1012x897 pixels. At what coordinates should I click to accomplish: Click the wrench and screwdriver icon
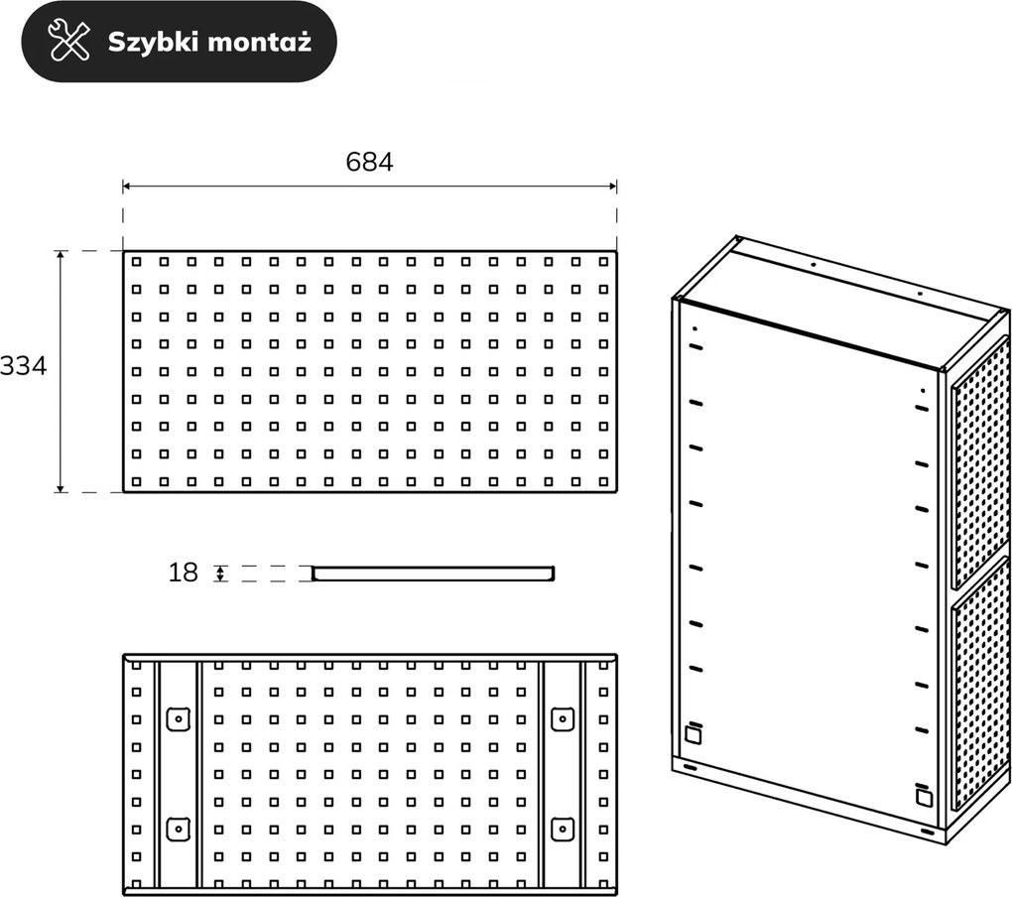[x=69, y=41]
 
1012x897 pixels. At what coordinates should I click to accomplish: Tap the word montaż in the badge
[x=260, y=42]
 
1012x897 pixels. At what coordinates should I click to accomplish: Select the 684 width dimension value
[x=369, y=162]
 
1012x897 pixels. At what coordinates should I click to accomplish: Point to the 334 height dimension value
[x=23, y=366]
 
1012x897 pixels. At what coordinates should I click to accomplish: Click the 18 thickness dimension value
[x=183, y=573]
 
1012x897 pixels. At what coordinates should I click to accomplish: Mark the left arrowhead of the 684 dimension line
[x=127, y=187]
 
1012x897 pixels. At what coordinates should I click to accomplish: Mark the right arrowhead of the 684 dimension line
[x=612, y=187]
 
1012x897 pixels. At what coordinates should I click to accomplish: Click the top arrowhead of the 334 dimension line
[x=61, y=256]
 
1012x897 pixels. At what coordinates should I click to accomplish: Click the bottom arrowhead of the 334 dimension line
[x=61, y=487]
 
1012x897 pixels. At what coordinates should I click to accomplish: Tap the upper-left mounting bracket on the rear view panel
[x=179, y=718]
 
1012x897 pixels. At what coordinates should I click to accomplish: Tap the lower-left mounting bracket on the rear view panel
[x=179, y=830]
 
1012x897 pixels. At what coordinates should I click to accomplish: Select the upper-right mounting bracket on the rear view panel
[x=563, y=718]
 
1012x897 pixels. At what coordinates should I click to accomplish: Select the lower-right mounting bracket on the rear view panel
[x=563, y=830]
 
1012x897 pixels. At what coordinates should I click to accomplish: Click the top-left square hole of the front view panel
[x=136, y=261]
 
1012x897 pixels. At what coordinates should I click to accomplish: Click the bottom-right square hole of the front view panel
[x=604, y=481]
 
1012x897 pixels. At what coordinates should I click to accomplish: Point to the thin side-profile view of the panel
[x=433, y=574]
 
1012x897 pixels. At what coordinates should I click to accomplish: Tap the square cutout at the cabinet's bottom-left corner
[x=694, y=734]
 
